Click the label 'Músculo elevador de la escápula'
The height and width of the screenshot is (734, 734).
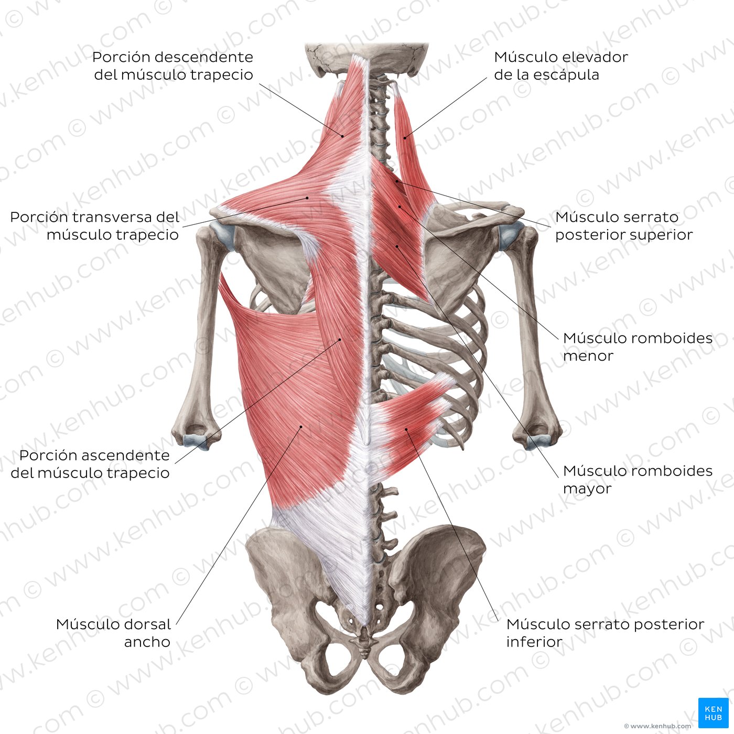click(560, 66)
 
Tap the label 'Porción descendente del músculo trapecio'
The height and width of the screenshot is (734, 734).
click(173, 66)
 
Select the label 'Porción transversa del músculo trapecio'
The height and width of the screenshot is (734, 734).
click(94, 225)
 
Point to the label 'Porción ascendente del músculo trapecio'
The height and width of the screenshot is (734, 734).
click(90, 463)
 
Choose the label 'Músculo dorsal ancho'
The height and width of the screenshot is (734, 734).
click(114, 633)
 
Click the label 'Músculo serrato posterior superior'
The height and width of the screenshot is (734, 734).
click(624, 225)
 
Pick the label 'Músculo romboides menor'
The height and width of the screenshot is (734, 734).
click(638, 347)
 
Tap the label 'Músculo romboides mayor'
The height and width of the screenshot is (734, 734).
click(638, 479)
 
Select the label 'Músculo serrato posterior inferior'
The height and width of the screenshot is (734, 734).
click(605, 633)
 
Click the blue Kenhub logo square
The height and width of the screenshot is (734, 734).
click(713, 713)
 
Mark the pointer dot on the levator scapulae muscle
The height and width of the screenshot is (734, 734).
click(405, 138)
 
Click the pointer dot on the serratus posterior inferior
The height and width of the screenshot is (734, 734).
click(406, 429)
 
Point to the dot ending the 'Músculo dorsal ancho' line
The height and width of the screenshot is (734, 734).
click(301, 427)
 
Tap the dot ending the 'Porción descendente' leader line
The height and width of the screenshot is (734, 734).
click(342, 136)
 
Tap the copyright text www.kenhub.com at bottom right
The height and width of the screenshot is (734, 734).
click(657, 726)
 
